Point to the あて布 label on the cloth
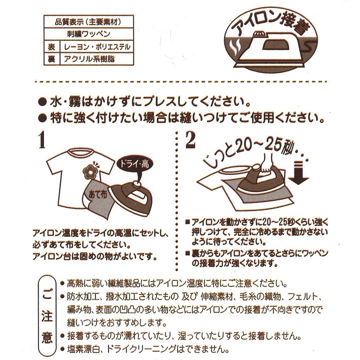click(96, 193)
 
